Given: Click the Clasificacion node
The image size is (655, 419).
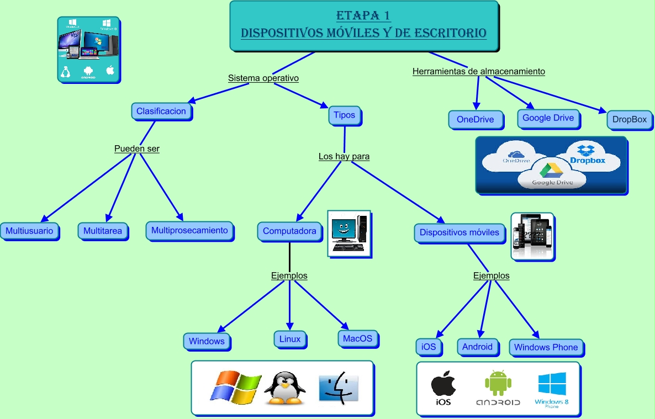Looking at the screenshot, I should coord(161,111).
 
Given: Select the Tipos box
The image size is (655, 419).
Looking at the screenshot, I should coord(345,115).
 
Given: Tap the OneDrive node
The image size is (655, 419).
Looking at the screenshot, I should coord(475,119).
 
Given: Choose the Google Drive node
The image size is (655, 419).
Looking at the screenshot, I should coord(548,118).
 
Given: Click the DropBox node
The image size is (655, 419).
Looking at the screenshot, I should coord(629,119).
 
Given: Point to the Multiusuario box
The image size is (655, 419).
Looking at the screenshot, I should coord(29,231).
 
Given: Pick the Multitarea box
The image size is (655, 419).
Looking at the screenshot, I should coord(103,231).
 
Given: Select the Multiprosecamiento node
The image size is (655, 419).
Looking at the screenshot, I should coord(189,230).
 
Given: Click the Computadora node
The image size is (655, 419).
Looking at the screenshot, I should coord(289,231).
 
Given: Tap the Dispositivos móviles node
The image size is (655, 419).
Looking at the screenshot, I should coord(459,232).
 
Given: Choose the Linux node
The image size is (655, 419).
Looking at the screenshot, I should coord(289,339).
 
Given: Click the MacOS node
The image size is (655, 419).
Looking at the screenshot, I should coord(357,338).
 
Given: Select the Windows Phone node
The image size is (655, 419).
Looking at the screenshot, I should coord(546,347).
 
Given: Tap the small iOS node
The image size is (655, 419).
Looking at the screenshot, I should coord(429,347).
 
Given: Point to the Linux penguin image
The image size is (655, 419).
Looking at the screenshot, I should coord(284,388).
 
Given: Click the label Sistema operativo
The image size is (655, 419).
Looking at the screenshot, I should coord(263,78).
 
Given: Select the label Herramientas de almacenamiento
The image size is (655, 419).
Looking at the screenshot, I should coord(479,71).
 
